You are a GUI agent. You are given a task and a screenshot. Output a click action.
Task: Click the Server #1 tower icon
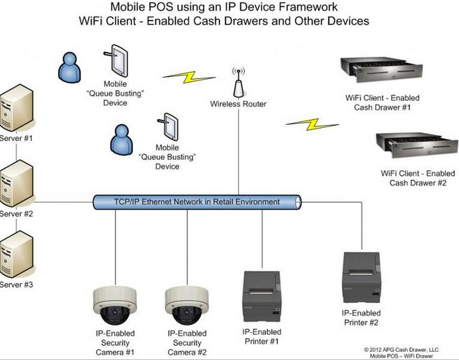pos(16,108)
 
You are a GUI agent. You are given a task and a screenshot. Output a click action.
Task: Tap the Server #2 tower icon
pos(16,183)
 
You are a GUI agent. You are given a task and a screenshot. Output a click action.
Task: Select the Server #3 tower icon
pos(16,254)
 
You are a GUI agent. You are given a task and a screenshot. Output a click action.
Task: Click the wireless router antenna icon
pos(239,83)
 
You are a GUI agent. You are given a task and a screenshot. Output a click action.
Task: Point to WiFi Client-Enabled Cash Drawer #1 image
pos(381,69)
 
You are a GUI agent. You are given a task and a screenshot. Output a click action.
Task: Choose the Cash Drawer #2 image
pos(417,145)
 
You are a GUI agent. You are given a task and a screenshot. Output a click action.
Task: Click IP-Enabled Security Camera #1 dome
pos(115,305)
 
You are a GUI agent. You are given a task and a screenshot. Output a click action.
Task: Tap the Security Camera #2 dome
pos(187,305)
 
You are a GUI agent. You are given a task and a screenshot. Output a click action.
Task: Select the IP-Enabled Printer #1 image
pos(262,296)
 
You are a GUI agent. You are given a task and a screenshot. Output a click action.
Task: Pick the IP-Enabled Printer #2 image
pos(362,278)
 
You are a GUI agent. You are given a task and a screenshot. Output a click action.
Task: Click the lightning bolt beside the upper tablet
pos(189,77)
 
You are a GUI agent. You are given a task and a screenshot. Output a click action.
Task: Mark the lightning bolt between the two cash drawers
pos(312,124)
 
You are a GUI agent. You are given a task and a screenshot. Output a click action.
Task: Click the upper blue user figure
pos(69,67)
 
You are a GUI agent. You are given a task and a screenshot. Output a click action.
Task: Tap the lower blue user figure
pos(122,139)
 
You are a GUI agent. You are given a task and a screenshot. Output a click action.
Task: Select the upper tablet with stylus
pos(116,61)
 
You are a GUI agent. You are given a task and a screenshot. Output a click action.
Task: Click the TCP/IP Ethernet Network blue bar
pos(197,202)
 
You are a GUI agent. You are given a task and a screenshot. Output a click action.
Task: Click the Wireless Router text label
pos(238,104)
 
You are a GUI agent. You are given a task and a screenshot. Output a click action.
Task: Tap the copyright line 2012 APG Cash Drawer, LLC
pos(401,350)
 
